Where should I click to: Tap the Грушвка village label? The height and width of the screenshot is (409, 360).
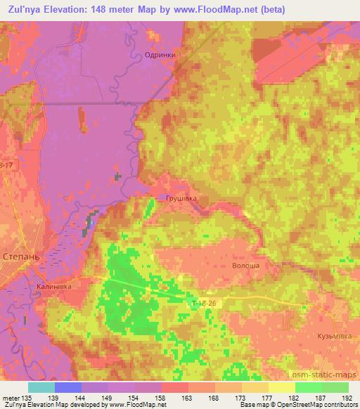pos(181,199)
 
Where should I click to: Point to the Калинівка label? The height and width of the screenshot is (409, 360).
pos(54,287)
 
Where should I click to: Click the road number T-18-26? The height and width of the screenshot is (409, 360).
pos(205,303)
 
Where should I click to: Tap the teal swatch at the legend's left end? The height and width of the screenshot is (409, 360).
pos(41,387)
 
